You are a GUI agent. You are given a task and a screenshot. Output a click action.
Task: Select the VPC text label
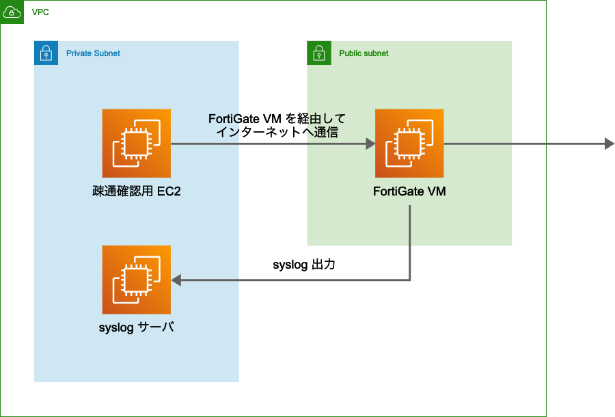[x=40, y=12]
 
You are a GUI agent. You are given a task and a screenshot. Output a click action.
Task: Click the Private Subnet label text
[x=93, y=53]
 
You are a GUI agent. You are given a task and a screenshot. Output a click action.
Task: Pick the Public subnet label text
[x=364, y=53]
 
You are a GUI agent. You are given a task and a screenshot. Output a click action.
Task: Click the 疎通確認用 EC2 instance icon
[x=136, y=144]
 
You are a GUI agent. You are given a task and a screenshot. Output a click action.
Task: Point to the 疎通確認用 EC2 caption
[x=136, y=191]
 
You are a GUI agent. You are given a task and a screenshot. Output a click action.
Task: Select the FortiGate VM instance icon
[x=409, y=144]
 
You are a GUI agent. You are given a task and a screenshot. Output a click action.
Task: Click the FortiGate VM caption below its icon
[x=409, y=191]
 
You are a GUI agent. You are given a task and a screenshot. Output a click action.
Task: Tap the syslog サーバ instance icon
[x=136, y=280]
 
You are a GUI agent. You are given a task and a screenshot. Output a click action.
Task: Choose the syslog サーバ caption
[x=136, y=327]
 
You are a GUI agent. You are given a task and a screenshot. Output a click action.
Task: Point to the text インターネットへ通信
[x=277, y=133]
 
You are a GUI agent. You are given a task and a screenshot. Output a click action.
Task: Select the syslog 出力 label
[x=303, y=265]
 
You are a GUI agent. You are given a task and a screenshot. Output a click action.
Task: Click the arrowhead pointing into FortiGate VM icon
[x=370, y=144]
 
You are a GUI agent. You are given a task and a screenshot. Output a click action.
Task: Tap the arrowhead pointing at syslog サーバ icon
[x=176, y=280]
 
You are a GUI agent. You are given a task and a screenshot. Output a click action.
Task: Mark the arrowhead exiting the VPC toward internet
[x=610, y=144]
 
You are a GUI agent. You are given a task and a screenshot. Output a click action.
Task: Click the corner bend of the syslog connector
[x=409, y=280]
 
